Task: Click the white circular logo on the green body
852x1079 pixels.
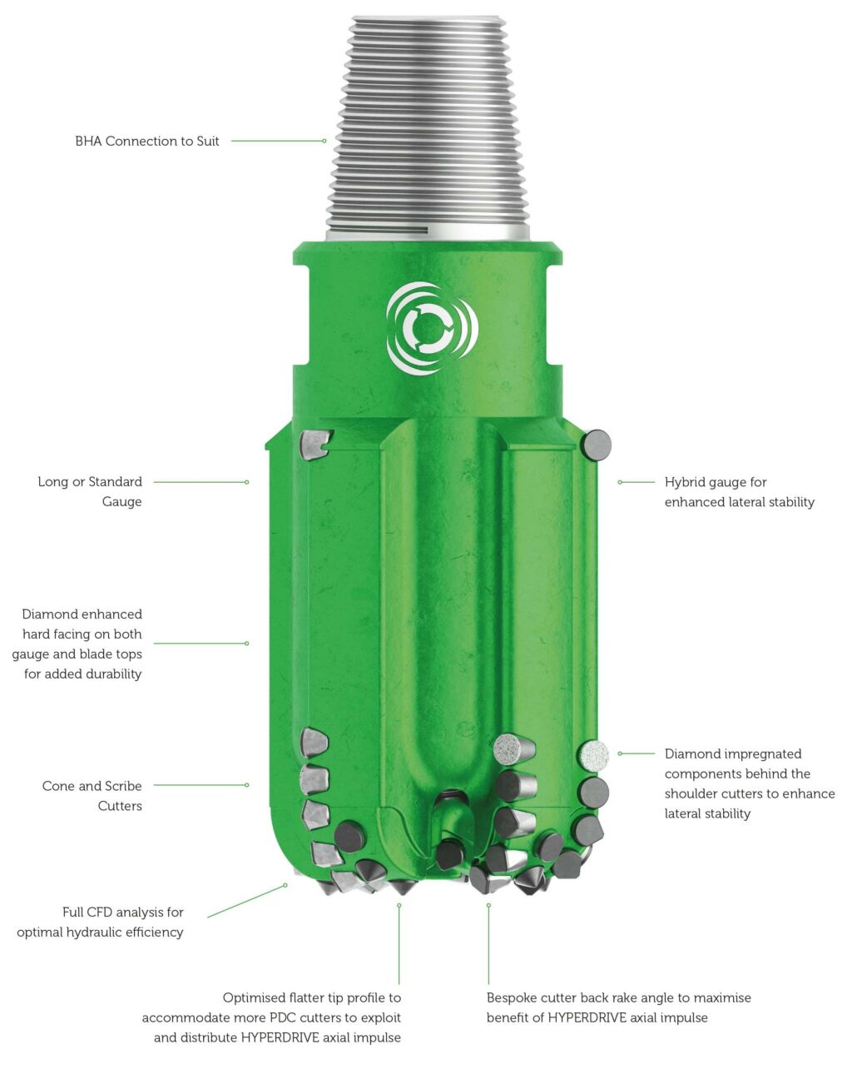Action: click(432, 328)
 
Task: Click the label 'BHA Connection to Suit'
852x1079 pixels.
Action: click(147, 141)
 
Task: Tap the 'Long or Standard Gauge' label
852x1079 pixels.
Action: click(90, 491)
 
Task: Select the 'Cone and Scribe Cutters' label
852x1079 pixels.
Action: click(92, 795)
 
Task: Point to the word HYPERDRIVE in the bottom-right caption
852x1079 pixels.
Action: click(587, 1017)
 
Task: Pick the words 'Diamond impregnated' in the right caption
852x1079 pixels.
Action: click(732, 753)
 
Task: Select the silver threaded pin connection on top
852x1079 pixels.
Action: click(426, 125)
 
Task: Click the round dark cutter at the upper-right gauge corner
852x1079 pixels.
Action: click(597, 445)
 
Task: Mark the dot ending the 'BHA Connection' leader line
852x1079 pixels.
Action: click(324, 141)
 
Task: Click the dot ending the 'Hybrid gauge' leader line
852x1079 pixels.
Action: click(620, 482)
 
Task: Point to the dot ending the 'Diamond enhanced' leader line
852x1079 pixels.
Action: click(247, 644)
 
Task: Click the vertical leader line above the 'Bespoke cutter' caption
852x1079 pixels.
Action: click(488, 945)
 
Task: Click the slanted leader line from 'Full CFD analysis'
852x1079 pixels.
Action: click(246, 901)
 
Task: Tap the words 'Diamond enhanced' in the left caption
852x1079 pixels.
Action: click(82, 614)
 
